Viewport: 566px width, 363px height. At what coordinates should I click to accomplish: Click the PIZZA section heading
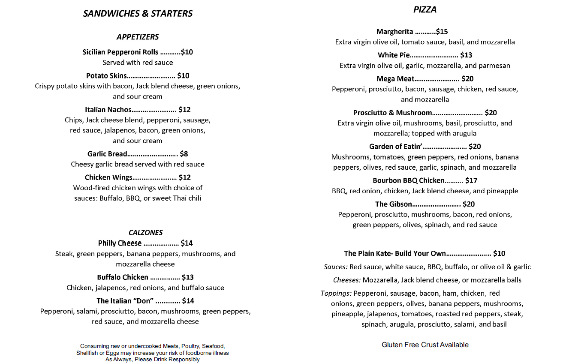(424, 9)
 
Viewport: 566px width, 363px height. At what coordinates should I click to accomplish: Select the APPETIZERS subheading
(138, 37)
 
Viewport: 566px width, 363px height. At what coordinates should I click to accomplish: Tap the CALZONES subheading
(146, 232)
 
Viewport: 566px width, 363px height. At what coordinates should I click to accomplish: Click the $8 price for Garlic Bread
(184, 154)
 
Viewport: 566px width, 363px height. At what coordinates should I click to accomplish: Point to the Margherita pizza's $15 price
(442, 32)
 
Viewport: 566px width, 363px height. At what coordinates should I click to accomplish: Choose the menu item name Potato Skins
(106, 76)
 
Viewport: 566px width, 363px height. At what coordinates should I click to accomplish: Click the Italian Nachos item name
(108, 110)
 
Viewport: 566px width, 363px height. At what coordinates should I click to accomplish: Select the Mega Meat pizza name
(395, 79)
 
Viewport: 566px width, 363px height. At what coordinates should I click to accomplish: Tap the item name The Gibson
(394, 204)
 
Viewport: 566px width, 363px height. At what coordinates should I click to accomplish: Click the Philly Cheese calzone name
(120, 243)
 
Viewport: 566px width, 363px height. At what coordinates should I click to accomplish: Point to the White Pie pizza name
(394, 55)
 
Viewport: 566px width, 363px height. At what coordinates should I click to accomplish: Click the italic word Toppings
(336, 294)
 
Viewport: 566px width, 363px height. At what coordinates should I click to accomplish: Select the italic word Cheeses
(347, 280)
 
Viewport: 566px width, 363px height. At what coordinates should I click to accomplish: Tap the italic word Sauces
(335, 267)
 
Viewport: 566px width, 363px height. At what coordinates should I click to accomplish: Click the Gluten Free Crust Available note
(425, 345)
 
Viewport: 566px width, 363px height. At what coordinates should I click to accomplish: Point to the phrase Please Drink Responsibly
(167, 360)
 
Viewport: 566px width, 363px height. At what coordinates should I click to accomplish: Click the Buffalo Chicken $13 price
(188, 277)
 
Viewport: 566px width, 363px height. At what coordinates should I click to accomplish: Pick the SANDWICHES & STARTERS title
(138, 14)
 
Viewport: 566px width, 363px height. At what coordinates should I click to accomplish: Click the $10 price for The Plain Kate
(499, 254)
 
